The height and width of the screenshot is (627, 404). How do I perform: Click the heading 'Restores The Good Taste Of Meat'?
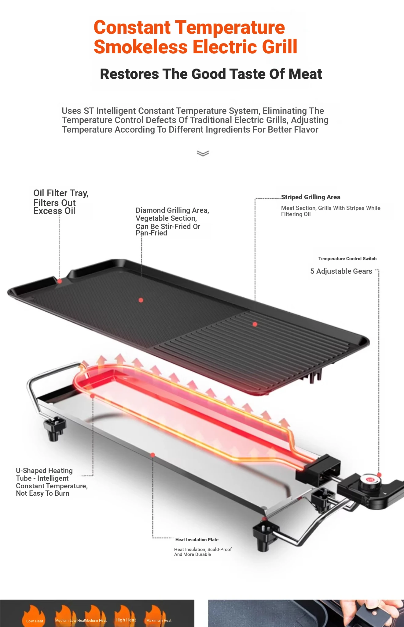pos(211,74)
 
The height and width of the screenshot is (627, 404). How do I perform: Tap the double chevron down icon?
pos(203,153)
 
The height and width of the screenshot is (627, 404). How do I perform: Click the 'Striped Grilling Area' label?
pos(310,197)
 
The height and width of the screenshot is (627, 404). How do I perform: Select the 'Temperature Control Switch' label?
pos(347,259)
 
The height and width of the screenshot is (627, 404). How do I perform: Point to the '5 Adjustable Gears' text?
pos(341,271)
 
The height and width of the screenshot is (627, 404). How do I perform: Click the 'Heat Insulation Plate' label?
pos(197,540)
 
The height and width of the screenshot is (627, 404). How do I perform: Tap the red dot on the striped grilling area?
pos(255,324)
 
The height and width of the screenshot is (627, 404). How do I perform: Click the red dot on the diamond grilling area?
pos(141,300)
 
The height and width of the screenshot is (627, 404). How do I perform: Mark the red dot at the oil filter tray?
pos(60,281)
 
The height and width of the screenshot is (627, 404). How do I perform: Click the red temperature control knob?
pos(370,480)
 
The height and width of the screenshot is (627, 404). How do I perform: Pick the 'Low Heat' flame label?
pos(35,621)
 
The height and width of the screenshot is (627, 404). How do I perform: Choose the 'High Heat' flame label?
pos(126,620)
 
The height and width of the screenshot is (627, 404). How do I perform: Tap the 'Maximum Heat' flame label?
pos(159,621)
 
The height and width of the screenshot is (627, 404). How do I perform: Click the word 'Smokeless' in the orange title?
pos(141,47)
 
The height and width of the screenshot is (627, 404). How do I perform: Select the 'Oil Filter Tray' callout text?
pos(61,193)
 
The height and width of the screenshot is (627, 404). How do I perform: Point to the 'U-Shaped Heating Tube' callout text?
pos(44,474)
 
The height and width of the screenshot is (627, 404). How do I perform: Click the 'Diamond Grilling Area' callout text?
pos(172,210)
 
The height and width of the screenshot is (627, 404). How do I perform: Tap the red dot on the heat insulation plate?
pos(153,455)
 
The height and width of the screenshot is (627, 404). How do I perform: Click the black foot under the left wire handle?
pos(54,429)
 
